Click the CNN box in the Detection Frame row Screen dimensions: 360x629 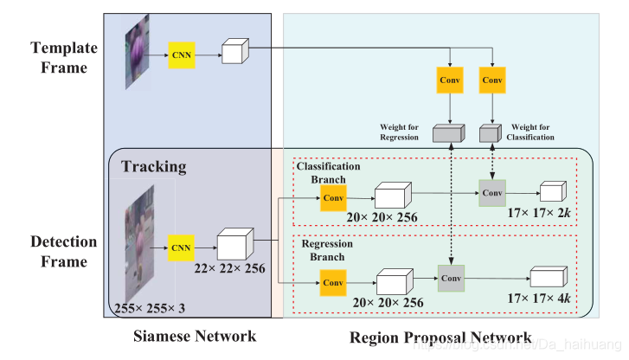(182, 247)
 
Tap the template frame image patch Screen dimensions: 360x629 (138, 48)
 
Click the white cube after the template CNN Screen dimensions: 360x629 (234, 51)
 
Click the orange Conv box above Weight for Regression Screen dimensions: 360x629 (451, 80)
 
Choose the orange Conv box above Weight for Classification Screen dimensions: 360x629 (492, 80)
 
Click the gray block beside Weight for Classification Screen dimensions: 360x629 (491, 132)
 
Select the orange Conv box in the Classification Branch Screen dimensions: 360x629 (333, 196)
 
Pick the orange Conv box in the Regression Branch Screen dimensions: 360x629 (333, 282)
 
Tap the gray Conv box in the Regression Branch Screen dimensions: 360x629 (451, 278)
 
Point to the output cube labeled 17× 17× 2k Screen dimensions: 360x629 (552, 192)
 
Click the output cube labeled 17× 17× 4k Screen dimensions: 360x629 (546, 278)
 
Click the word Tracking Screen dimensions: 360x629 (153, 164)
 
